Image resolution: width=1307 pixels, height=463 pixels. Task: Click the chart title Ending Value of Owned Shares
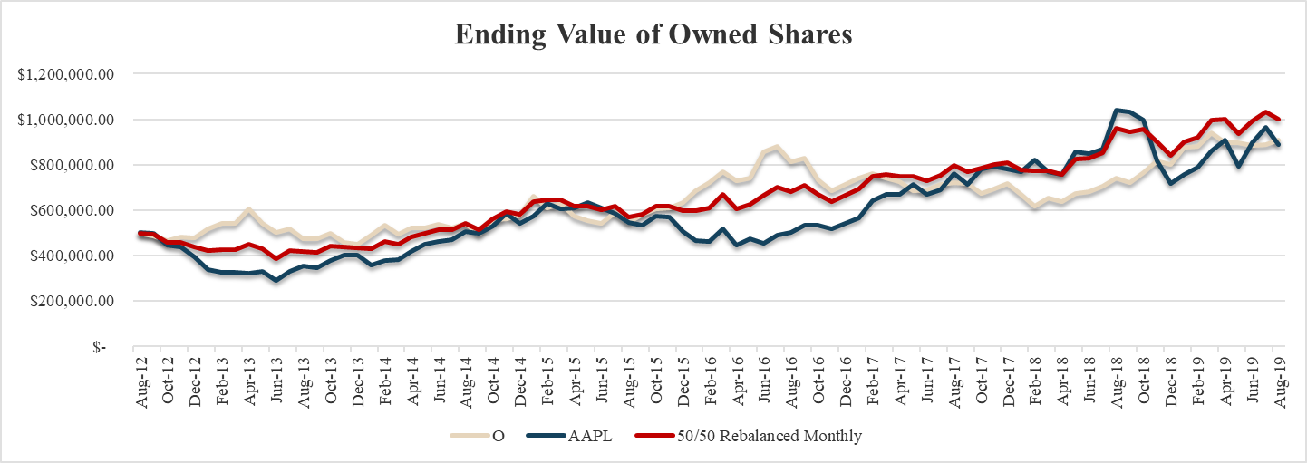coord(653,34)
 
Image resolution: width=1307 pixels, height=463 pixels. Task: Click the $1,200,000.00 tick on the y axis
coord(63,74)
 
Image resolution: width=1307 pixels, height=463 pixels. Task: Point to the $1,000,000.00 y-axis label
coord(63,120)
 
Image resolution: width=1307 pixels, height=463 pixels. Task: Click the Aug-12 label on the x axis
coord(141,381)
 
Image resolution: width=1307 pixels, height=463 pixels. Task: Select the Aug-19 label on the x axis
coord(1280,381)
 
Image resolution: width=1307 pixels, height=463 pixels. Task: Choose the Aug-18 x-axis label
coord(1118,381)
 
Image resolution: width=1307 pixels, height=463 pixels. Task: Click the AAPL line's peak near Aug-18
coord(1117,110)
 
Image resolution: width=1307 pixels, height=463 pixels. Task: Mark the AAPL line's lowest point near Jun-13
coord(276,280)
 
